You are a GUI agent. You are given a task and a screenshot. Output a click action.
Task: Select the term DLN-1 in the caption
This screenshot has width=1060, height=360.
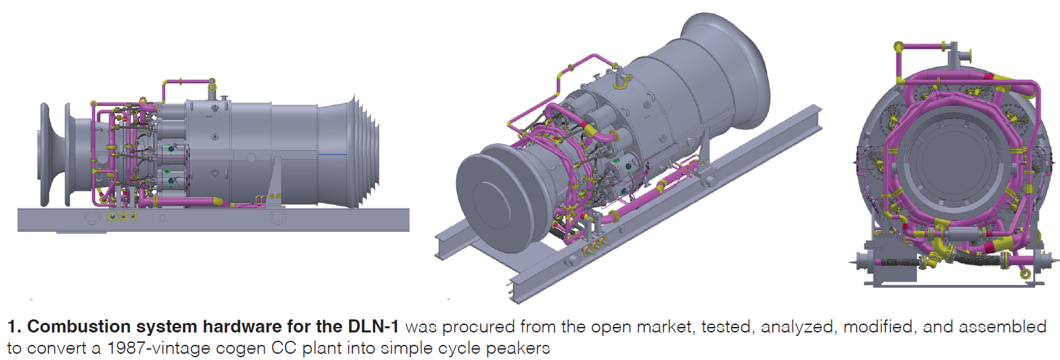373,327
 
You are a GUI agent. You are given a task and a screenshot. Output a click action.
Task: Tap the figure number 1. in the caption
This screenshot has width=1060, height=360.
14,327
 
